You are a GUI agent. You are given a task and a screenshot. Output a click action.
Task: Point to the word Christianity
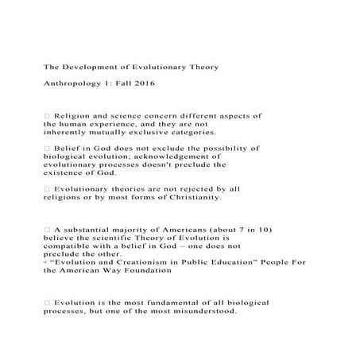pyautogui.click(x=198, y=197)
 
